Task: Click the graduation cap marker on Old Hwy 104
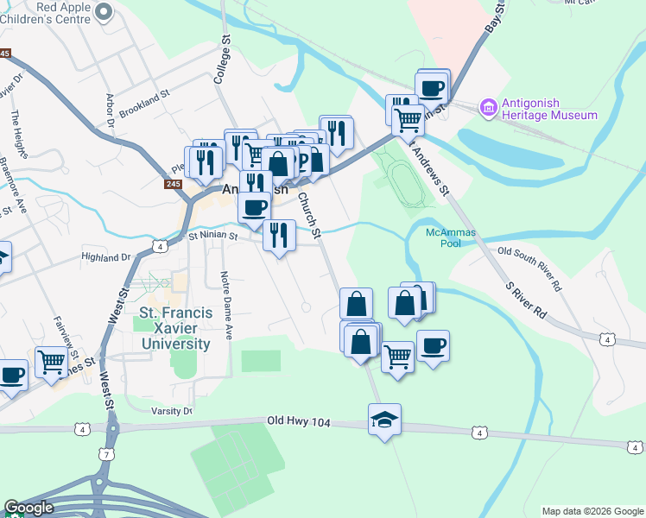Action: tap(384, 420)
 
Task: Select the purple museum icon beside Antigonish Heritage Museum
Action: tap(488, 107)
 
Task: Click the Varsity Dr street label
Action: tap(171, 412)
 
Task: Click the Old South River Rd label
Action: tap(530, 268)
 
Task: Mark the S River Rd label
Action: tap(527, 300)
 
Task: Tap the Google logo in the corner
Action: tap(28, 508)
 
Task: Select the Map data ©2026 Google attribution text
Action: tap(592, 511)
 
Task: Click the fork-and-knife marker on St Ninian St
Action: tap(279, 235)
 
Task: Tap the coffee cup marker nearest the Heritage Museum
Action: tap(432, 87)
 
